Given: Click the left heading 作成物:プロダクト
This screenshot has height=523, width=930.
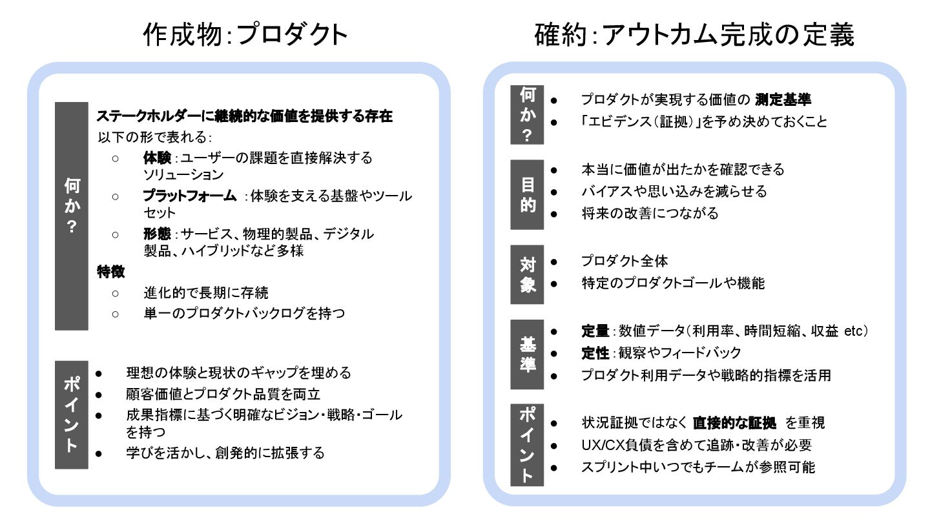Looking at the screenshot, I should (x=245, y=35).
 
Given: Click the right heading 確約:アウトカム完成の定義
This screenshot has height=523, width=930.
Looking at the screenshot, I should (x=694, y=35).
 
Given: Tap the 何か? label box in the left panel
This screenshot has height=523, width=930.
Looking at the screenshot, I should (x=71, y=216).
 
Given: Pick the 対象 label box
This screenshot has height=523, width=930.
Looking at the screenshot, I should (x=527, y=274).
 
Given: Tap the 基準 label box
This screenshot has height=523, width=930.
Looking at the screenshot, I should (x=527, y=354).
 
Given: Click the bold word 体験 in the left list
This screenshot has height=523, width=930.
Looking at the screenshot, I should (x=158, y=158).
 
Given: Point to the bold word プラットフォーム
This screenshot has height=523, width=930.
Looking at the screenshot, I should (x=190, y=196).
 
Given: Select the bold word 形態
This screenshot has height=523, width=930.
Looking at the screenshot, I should (x=158, y=234).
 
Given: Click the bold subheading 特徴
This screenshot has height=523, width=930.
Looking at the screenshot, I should (x=110, y=271).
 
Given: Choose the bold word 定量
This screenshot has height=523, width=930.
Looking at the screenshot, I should (x=595, y=331).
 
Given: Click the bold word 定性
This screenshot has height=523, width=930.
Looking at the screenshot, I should (x=595, y=353).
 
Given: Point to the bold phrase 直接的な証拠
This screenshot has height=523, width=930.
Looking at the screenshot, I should (x=734, y=423).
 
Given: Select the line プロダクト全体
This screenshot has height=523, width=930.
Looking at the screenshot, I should (x=625, y=261).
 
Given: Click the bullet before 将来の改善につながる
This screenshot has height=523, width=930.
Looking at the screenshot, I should (x=554, y=213).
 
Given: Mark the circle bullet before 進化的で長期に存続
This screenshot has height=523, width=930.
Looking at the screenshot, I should (x=116, y=293).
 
